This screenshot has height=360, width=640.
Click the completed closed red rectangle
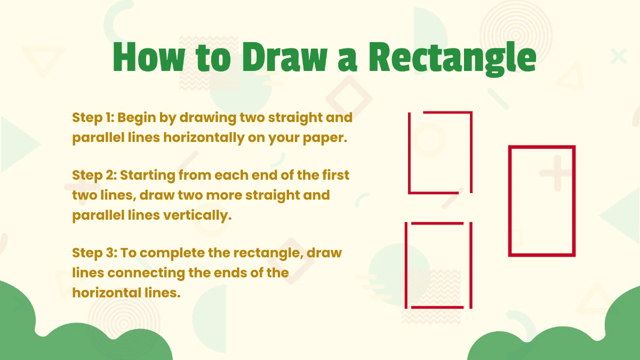(x=542, y=201)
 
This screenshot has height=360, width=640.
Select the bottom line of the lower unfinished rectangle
(x=437, y=307)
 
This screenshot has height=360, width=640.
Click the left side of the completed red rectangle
(x=510, y=201)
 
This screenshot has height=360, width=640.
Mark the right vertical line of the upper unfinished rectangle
(x=471, y=152)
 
